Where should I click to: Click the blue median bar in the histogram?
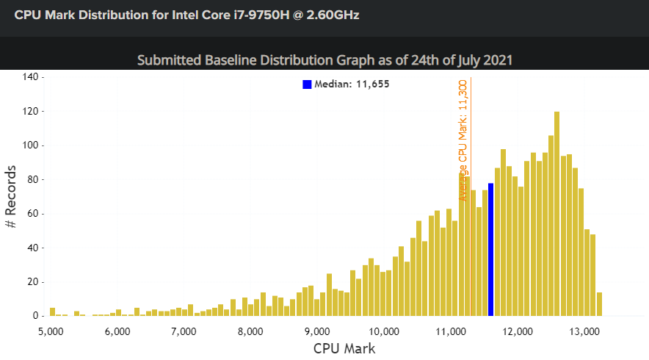(x=491, y=249)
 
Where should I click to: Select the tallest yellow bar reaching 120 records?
(x=556, y=214)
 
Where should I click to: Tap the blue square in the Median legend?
(x=307, y=84)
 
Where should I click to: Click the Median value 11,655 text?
(x=372, y=84)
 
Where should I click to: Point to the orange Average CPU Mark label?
(x=463, y=140)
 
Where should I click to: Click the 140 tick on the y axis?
(x=30, y=76)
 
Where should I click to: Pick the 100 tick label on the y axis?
(x=30, y=145)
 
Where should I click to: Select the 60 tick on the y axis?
(x=32, y=214)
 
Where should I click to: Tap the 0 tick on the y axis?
(x=35, y=316)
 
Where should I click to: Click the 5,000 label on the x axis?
(x=51, y=332)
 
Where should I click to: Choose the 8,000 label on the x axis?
(x=250, y=332)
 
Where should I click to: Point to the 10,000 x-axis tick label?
(x=384, y=332)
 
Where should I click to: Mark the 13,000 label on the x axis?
(x=584, y=332)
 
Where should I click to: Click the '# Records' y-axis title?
(x=11, y=197)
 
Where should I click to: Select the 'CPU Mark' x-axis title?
(x=344, y=348)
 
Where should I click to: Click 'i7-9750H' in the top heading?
(x=261, y=15)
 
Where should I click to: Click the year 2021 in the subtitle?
(x=498, y=60)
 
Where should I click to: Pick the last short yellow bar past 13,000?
(x=599, y=304)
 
